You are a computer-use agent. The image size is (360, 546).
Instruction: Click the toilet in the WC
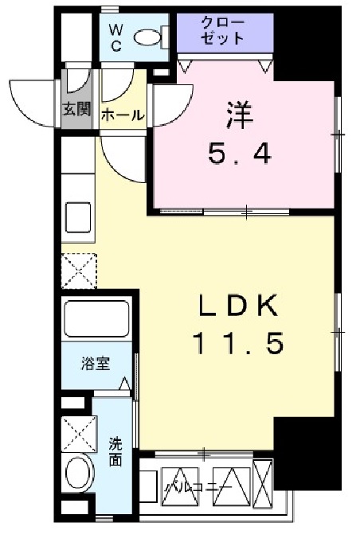point(148,37)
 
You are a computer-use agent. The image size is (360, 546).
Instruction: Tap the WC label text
point(115,37)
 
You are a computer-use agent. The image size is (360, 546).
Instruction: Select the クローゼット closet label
point(224,30)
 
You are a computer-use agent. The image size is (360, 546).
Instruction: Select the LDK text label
point(237,305)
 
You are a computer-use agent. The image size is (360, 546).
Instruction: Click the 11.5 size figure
point(237,344)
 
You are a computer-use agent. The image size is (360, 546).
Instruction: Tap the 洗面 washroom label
point(116,452)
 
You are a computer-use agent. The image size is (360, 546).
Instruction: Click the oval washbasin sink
point(78,475)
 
